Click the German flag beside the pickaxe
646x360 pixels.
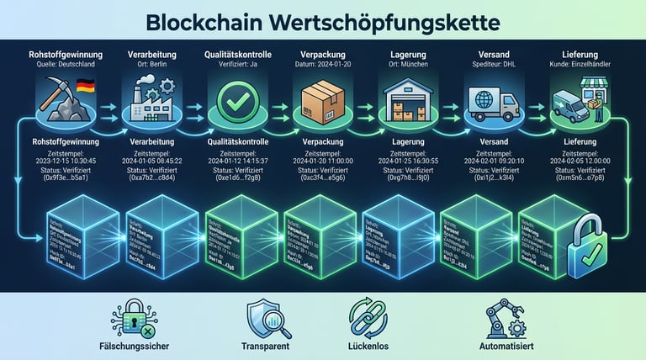[84, 85]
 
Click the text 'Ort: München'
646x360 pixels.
[407, 63]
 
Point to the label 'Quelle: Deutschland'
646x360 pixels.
[66, 63]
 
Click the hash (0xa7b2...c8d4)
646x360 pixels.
[152, 178]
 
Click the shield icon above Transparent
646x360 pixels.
[262, 318]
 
